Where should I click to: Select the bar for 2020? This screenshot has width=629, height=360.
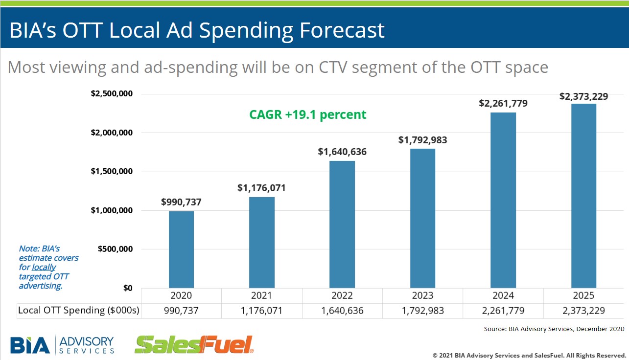[181, 249]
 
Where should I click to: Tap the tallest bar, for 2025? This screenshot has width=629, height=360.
[583, 196]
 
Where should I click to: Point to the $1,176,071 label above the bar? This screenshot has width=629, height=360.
[261, 188]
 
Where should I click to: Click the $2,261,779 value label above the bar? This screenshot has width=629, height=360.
[503, 103]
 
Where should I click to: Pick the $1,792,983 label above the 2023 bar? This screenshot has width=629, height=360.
[422, 140]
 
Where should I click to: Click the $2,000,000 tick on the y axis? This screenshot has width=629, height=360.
[112, 133]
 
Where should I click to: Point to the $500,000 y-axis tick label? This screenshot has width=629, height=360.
[115, 249]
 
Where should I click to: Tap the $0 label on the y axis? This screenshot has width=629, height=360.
[127, 288]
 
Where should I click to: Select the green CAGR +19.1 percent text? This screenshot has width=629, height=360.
[308, 114]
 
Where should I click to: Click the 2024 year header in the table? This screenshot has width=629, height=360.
[503, 295]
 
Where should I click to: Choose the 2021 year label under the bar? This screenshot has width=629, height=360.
[261, 295]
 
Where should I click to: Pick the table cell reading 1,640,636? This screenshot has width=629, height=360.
[342, 311]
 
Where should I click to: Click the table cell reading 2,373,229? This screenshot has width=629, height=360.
[583, 311]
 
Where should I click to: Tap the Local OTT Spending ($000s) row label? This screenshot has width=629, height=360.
[79, 311]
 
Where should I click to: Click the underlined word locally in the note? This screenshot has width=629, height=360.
[44, 267]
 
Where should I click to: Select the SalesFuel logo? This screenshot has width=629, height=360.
[194, 344]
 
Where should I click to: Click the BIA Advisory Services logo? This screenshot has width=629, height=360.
[62, 344]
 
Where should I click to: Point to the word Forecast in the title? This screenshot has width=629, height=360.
[342, 31]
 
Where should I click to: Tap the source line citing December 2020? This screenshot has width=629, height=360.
[554, 329]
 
